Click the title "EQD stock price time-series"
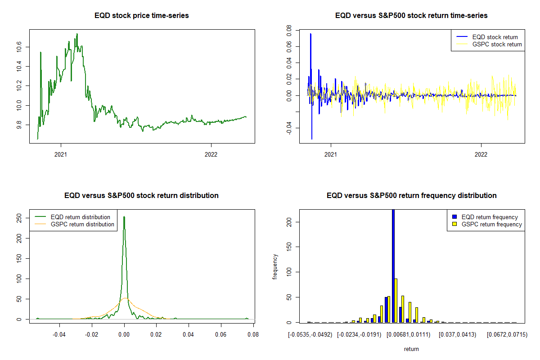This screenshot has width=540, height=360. [x=142, y=16]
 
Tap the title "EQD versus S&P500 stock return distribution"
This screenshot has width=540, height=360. [x=142, y=196]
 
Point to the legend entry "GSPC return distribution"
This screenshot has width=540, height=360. [x=82, y=224]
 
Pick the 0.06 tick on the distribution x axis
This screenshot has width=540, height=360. [x=221, y=334]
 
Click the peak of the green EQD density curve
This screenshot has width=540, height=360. [x=124, y=217]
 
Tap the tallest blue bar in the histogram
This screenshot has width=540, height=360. [x=393, y=265]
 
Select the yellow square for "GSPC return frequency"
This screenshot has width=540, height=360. [x=455, y=224]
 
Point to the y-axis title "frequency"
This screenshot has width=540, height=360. [x=275, y=266]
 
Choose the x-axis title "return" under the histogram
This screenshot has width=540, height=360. [x=411, y=349]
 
